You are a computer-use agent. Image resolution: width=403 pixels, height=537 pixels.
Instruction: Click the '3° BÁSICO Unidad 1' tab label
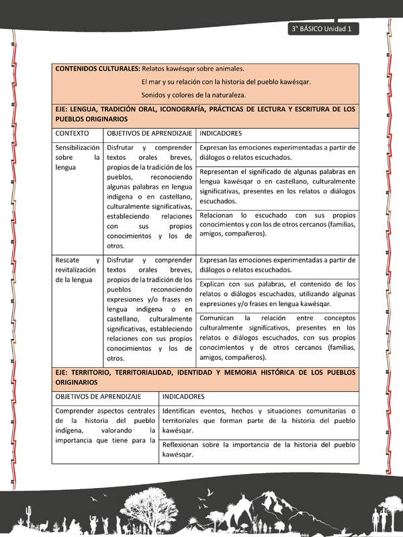[323, 29]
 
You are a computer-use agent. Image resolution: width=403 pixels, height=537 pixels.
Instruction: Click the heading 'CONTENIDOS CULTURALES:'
[97, 69]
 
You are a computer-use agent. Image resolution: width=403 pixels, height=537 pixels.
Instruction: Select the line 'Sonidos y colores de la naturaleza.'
[193, 95]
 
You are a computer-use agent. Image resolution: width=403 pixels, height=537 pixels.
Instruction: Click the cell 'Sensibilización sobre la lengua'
[78, 157]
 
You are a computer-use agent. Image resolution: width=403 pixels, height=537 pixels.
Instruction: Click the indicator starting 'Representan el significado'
[277, 186]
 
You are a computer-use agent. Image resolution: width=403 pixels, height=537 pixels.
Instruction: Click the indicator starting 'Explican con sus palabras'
[277, 293]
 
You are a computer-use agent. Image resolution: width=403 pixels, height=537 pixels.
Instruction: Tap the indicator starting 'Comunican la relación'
[277, 337]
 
